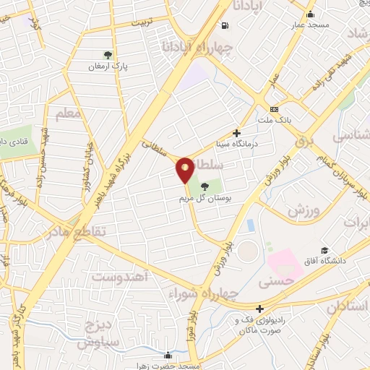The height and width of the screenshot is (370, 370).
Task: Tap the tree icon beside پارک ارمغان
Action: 108,54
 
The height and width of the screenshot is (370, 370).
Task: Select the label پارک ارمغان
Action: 108,66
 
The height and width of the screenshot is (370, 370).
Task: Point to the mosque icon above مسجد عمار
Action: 311,14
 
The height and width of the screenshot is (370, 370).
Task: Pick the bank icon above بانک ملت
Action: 273,109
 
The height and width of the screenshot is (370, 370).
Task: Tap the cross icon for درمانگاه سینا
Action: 236,133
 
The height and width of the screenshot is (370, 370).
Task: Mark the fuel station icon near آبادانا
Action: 225,27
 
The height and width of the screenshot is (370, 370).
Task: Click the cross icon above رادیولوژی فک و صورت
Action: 259,309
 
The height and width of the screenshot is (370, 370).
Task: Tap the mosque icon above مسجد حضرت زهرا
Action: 168,355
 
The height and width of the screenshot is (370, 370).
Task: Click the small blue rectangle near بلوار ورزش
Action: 251,225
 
